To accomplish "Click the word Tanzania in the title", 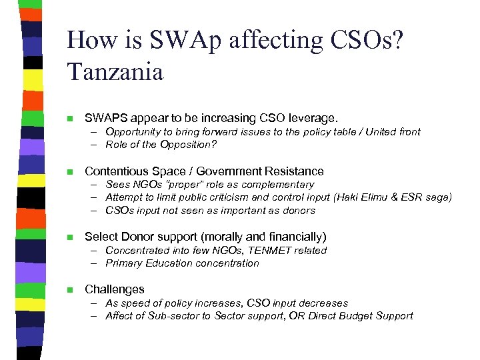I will click(x=115, y=71).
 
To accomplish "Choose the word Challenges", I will click(x=115, y=289).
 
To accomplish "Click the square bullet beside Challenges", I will click(x=70, y=290).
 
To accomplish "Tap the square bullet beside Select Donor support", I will click(x=70, y=237).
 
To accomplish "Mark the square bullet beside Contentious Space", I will click(x=70, y=172).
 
